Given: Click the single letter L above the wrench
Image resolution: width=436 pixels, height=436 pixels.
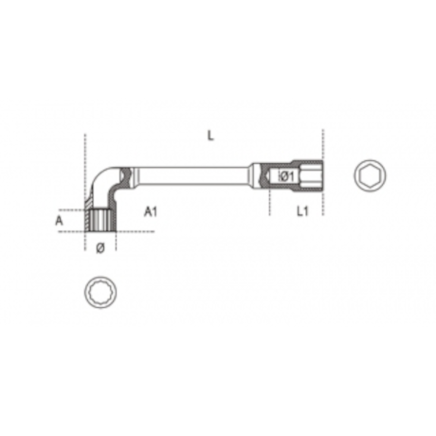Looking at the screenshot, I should click(x=210, y=136).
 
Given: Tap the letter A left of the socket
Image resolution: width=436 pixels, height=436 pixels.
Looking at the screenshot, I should click(x=59, y=221).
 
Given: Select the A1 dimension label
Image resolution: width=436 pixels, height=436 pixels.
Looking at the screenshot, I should click(x=150, y=213).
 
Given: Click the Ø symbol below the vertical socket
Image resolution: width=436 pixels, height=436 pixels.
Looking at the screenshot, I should click(x=100, y=248).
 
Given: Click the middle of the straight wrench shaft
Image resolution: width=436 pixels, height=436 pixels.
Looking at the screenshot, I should click(x=190, y=175).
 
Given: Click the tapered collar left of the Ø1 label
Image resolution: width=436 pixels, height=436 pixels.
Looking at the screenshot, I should click(x=258, y=175).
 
